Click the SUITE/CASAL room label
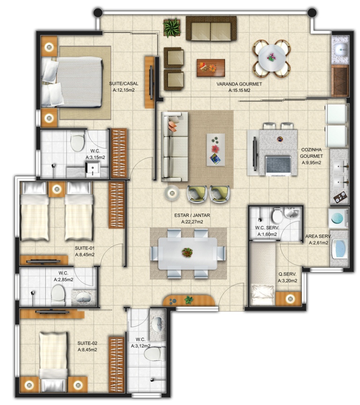(124, 84)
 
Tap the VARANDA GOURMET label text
(239, 84)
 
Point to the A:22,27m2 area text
(192, 222)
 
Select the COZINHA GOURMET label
(311, 153)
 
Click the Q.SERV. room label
(287, 275)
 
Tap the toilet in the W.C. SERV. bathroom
(277, 215)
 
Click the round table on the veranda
(272, 58)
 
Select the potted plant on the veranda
(172, 27)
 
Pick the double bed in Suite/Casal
(72, 82)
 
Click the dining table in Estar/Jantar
(187, 253)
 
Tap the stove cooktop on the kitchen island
(278, 165)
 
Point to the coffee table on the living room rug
(216, 150)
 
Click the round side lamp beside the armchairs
(172, 193)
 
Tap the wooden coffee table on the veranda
(210, 68)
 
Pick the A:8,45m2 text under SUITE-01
(85, 255)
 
